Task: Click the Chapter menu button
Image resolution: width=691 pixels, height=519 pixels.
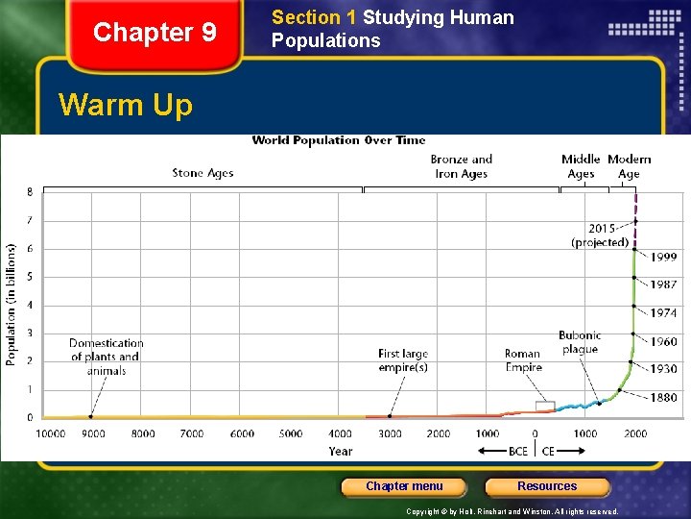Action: click(x=404, y=486)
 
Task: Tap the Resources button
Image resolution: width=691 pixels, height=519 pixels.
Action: click(x=547, y=486)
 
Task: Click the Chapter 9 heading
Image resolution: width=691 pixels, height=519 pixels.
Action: click(x=155, y=33)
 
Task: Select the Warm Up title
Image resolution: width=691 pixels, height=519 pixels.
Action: click(x=126, y=104)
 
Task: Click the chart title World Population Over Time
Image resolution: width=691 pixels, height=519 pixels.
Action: click(x=338, y=140)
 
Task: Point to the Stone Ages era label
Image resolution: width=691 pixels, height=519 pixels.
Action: click(x=203, y=173)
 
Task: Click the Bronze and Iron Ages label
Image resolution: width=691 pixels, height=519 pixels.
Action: click(x=461, y=166)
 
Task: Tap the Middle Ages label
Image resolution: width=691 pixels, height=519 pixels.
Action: click(x=581, y=166)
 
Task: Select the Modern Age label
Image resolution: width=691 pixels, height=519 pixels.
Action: click(x=629, y=166)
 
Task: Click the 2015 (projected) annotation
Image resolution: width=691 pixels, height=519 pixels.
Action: click(x=600, y=235)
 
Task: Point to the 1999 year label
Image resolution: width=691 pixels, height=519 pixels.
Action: click(x=663, y=257)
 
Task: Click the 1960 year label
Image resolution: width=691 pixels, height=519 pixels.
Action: click(x=663, y=341)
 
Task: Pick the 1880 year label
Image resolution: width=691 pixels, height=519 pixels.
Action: click(x=663, y=397)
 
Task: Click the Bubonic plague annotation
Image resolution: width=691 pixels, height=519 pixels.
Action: click(x=580, y=342)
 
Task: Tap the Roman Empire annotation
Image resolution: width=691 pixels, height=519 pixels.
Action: click(x=523, y=360)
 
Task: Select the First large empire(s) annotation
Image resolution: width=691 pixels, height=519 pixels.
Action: click(x=403, y=360)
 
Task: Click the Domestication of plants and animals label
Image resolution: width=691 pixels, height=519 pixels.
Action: click(x=107, y=357)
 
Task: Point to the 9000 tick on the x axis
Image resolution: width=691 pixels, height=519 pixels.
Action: click(x=92, y=433)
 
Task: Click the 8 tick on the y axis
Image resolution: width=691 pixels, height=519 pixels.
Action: click(x=29, y=192)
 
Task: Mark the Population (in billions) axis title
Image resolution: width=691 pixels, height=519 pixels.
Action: click(x=12, y=304)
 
